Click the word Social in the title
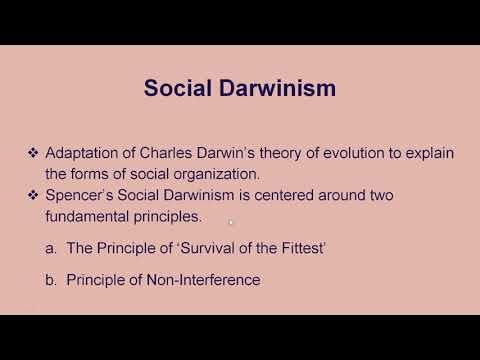177,88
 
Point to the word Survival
206,248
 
